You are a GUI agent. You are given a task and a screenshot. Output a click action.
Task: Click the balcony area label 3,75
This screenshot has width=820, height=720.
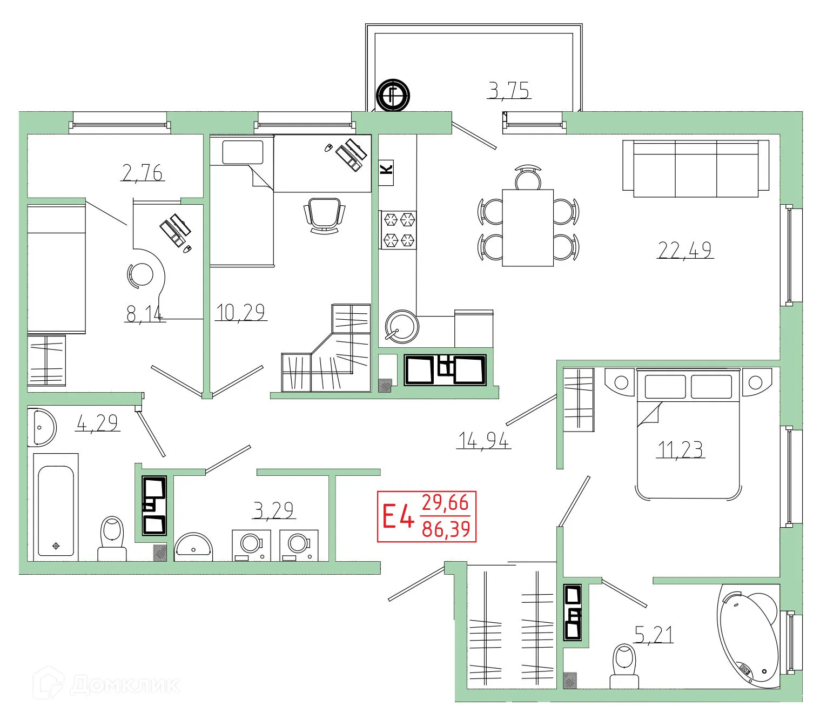point(509,90)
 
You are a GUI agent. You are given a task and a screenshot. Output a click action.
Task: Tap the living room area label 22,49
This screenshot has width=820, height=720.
point(684,250)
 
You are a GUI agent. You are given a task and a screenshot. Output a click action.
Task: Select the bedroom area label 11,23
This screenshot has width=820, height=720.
point(680,449)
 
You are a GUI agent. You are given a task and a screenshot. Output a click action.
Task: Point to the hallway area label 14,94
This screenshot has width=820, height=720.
point(483,441)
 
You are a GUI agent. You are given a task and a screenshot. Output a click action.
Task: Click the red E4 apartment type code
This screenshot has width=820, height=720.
point(398,516)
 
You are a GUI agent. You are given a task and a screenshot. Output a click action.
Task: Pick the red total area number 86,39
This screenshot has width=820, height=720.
point(446,529)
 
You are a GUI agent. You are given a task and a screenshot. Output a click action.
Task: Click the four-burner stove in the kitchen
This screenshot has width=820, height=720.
point(399,230)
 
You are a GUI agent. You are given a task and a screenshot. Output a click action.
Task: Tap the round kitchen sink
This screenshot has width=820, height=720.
point(401,326)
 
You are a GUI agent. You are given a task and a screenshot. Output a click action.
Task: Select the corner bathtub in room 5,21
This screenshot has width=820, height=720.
point(749,637)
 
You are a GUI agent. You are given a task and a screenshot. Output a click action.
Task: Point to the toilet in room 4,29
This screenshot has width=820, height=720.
point(112,538)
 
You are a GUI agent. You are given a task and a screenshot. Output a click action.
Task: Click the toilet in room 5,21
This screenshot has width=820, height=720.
point(625,665)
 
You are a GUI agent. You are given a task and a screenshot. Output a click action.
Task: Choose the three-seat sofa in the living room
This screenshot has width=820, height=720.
point(696,169)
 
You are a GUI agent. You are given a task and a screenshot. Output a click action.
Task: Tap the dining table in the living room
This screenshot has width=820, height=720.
point(528,227)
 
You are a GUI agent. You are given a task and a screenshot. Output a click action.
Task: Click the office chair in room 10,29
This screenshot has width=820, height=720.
point(324,214)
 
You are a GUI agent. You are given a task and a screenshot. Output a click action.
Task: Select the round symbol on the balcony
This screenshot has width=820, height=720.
point(393,96)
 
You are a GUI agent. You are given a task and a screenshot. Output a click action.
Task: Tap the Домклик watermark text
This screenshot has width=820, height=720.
point(124,685)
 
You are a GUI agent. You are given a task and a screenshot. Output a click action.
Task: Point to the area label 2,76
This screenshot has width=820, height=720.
point(143,173)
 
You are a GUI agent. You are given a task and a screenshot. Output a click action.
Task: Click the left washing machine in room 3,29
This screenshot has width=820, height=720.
point(251,545)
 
